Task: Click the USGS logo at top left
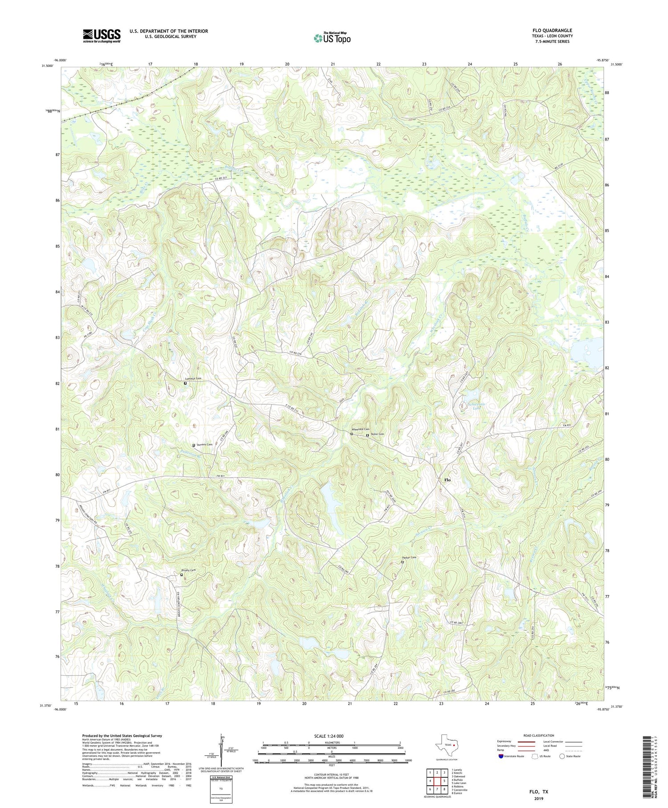(102, 36)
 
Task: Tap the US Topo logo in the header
(332, 38)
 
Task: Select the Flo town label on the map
(447, 480)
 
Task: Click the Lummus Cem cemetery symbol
(185, 383)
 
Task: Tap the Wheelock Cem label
(361, 429)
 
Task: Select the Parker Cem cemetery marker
(402, 562)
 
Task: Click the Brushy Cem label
(188, 570)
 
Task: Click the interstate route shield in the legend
(501, 756)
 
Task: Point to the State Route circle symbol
(562, 756)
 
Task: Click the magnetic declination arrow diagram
(221, 751)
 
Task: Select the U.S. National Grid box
(221, 787)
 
